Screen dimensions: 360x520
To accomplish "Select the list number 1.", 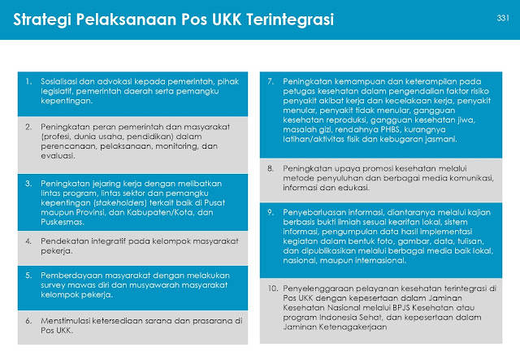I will click(28, 82).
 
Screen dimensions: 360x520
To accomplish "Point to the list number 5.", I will click(28, 274).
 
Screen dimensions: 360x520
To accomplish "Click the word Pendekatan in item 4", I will click(63, 241).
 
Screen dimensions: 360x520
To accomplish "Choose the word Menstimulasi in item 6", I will click(67, 321).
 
